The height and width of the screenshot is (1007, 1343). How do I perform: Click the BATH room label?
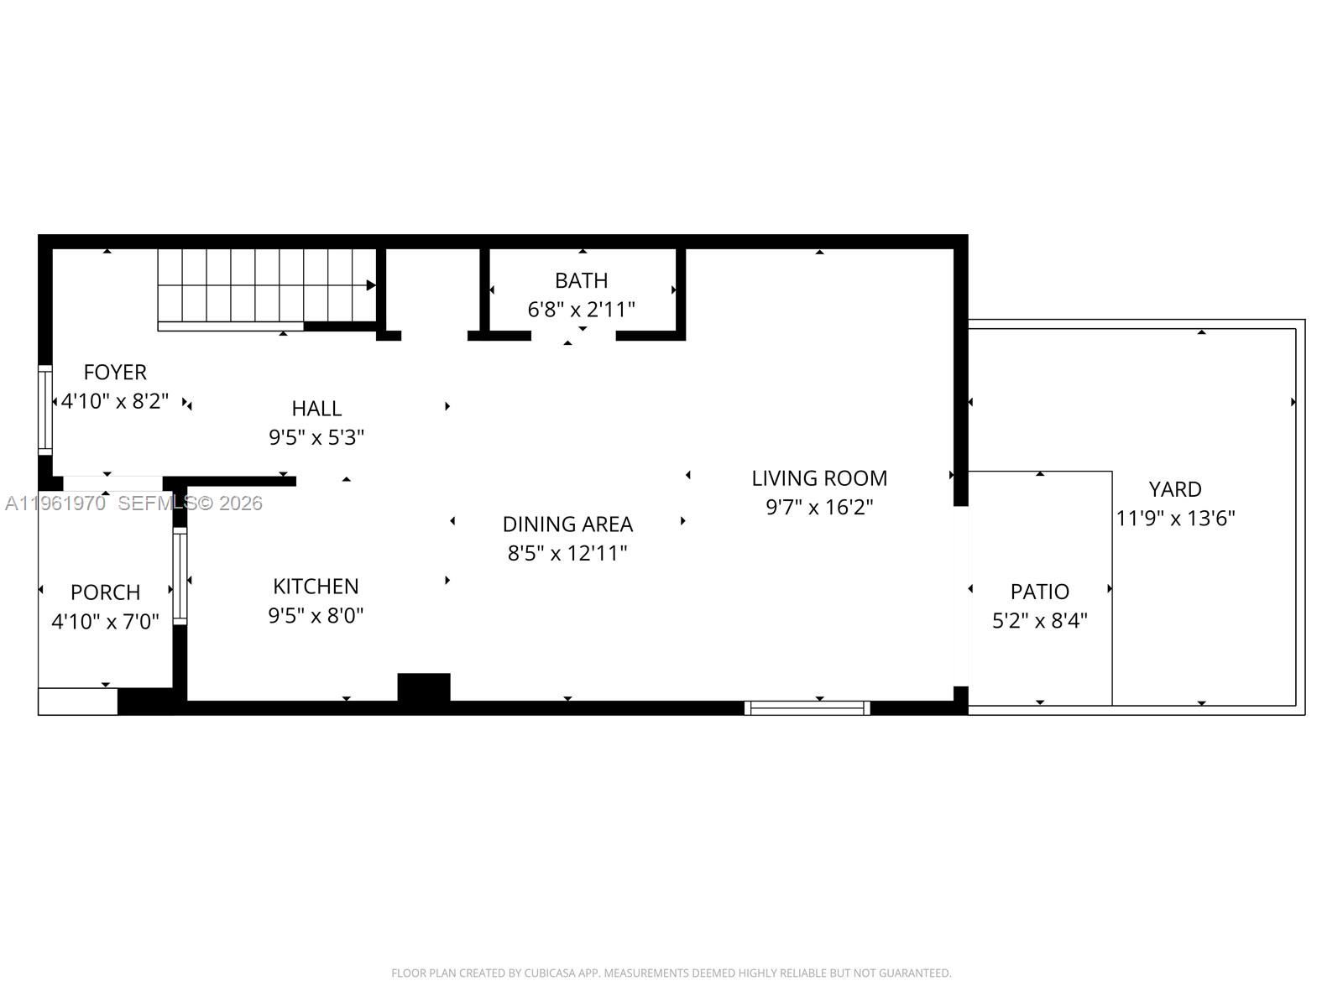(x=581, y=280)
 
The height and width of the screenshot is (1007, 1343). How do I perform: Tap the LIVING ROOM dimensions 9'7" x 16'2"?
(x=819, y=507)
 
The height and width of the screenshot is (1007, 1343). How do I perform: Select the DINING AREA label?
(x=567, y=524)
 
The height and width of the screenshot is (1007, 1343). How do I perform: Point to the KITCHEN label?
(x=316, y=586)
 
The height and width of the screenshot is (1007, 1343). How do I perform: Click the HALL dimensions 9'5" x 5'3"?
(x=316, y=437)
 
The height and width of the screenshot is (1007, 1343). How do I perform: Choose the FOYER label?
(x=115, y=372)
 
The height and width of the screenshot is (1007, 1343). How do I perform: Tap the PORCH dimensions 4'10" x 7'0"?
(x=105, y=622)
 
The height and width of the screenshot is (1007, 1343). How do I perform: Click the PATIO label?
(x=1039, y=592)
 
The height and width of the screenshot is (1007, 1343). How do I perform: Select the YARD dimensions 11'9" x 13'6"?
(x=1175, y=518)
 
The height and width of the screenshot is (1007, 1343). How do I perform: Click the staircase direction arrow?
(x=370, y=285)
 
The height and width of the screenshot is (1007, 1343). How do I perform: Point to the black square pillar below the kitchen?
(x=424, y=686)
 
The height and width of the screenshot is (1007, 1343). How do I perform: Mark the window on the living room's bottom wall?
(x=807, y=708)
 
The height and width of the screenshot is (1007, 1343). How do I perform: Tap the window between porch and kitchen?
(x=180, y=576)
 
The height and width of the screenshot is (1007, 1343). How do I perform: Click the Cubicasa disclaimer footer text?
(x=671, y=973)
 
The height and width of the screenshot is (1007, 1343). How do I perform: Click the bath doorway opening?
(x=573, y=336)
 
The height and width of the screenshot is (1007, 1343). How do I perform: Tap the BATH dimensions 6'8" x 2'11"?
(x=581, y=310)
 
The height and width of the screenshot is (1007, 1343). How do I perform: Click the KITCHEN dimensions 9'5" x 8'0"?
(x=316, y=616)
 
